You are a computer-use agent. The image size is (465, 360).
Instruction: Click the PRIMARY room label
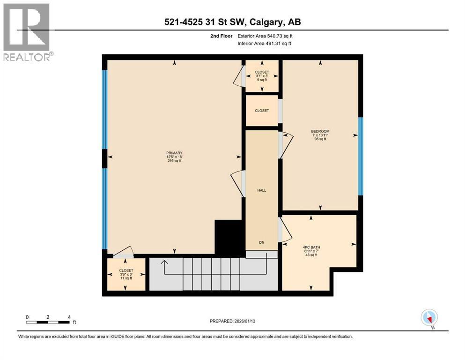point(174,153)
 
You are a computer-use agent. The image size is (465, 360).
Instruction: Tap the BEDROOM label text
point(320,131)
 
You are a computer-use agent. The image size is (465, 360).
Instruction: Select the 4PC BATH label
point(311,247)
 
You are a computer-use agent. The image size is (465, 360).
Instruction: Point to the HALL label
point(262,190)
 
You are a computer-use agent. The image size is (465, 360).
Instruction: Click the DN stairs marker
point(262,242)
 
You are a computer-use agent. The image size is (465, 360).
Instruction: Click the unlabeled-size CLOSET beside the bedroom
point(262,111)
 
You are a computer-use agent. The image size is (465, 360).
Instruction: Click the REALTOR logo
point(27,32)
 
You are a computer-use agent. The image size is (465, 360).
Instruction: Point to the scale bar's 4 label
point(69,317)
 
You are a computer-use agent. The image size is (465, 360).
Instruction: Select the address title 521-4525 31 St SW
point(206,22)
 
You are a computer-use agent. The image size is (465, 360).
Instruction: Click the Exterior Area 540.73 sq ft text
point(265,36)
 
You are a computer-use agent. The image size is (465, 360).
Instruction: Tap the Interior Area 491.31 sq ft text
point(264,43)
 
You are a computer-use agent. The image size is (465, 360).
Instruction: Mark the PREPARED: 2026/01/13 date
point(232,321)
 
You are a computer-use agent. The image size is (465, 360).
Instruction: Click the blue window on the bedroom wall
point(361,156)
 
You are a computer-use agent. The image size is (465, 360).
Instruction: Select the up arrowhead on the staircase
point(164,262)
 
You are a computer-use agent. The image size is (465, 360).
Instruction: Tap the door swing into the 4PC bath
point(286,229)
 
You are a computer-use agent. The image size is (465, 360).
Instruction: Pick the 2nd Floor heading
point(221,36)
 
